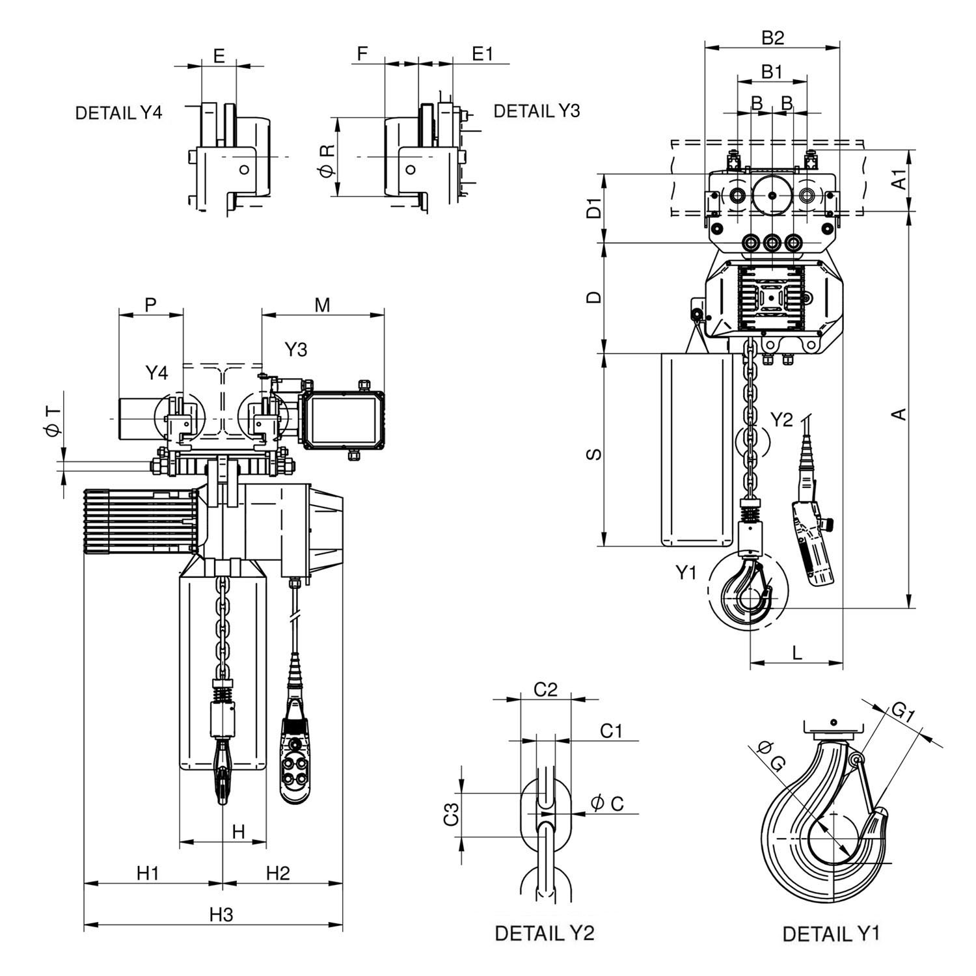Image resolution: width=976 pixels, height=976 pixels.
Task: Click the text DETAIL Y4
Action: (118, 113)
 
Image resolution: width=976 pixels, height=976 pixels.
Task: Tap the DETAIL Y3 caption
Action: (537, 111)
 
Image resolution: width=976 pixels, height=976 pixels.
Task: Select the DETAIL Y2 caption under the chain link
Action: (545, 933)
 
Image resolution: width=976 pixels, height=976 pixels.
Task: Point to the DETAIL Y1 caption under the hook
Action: (831, 934)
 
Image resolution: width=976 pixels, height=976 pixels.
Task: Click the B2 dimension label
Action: (773, 38)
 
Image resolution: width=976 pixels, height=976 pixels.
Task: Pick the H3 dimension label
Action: (221, 914)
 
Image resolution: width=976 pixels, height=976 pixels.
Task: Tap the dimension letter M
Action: (323, 305)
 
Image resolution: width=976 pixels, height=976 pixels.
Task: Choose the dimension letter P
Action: (151, 305)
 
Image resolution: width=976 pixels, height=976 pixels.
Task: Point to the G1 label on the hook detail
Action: (904, 712)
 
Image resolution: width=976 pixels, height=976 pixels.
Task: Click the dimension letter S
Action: (593, 454)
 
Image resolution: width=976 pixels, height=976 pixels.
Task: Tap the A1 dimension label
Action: (899, 179)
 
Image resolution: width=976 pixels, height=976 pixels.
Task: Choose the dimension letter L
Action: (798, 653)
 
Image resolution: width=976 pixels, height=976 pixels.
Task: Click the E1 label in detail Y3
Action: (482, 55)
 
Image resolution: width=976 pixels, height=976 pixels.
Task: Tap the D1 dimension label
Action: (593, 210)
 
